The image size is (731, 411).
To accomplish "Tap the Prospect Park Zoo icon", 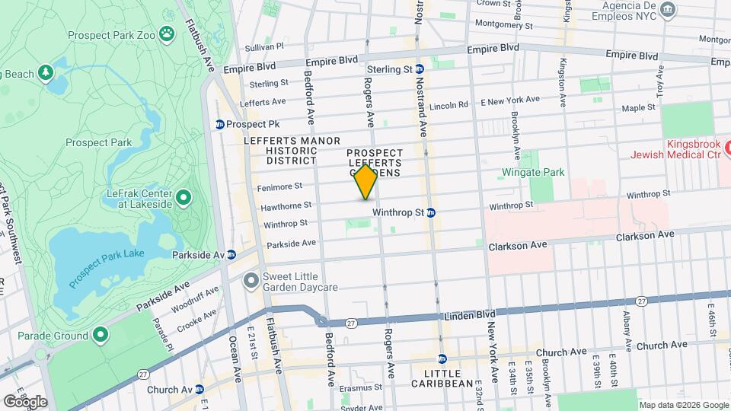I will [x=168, y=33].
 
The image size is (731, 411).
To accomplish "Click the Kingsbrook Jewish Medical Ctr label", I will [x=673, y=149].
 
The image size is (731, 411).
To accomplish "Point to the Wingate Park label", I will [x=533, y=172].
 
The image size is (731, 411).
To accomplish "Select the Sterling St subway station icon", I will [x=420, y=69].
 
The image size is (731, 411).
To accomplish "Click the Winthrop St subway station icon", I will [x=431, y=212].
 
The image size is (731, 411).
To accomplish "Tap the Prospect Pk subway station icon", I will [x=220, y=124].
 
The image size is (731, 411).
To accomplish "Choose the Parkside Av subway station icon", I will [x=231, y=254].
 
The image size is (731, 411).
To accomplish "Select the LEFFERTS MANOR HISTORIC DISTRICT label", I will [x=281, y=151].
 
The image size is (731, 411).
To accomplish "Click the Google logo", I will [x=24, y=401].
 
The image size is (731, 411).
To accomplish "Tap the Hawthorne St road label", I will [x=286, y=205].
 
